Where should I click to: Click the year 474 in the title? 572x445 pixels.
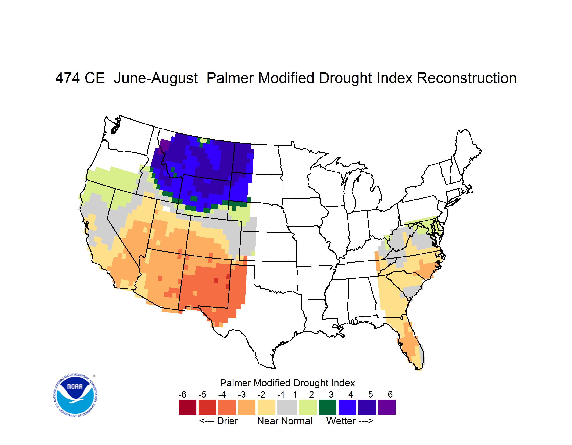click(67, 78)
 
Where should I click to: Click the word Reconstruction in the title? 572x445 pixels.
click(466, 78)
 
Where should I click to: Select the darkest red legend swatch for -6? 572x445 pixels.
click(187, 407)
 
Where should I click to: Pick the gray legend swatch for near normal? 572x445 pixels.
click(287, 407)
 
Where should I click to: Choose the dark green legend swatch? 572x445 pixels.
click(327, 407)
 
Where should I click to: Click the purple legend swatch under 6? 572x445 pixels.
click(387, 407)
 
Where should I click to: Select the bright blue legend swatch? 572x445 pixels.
click(347, 407)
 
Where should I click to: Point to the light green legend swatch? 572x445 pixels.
click(308, 407)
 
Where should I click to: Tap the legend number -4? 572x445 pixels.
click(222, 394)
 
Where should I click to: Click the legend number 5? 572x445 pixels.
click(371, 394)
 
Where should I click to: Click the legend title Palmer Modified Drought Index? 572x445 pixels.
click(287, 383)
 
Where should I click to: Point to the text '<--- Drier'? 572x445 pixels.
click(218, 421)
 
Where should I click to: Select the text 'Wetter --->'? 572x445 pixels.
click(350, 421)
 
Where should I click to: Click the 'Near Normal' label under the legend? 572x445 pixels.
click(285, 421)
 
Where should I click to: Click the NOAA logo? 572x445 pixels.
click(75, 395)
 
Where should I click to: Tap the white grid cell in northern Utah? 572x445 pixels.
click(166, 209)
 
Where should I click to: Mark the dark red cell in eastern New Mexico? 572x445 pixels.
click(216, 280)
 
